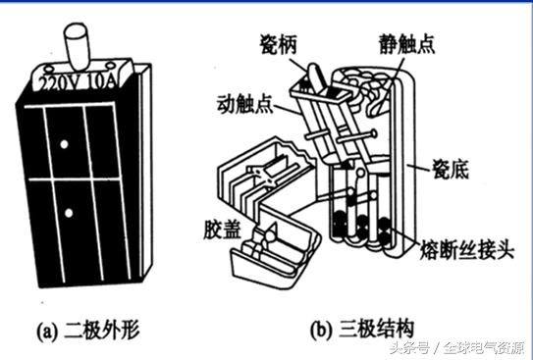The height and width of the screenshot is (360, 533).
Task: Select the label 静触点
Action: (x=405, y=42)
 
